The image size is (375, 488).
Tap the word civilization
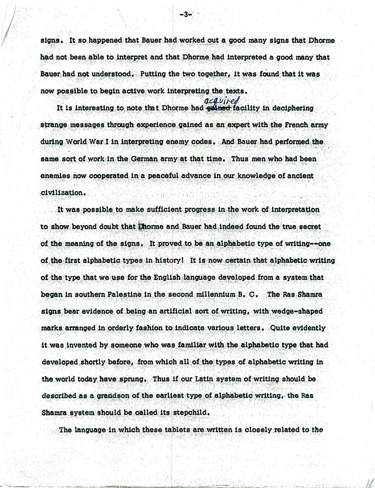[x=62, y=193]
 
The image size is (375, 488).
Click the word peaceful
[x=160, y=176]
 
